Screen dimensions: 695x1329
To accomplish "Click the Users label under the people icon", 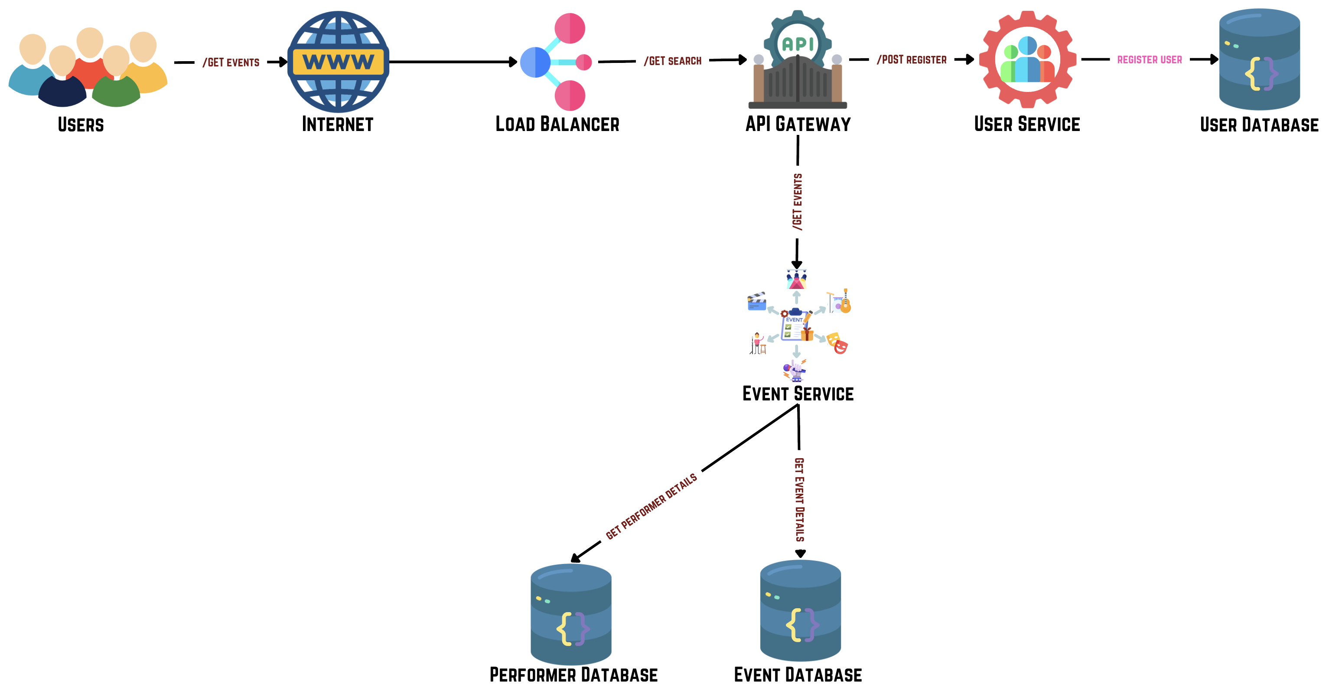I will (x=81, y=125).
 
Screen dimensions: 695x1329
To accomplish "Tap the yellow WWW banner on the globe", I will (x=338, y=62).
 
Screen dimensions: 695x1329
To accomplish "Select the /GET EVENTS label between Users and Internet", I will (x=231, y=62).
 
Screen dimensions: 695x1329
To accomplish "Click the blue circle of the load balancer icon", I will (x=535, y=62).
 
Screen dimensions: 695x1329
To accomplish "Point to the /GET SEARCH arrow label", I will (x=672, y=61).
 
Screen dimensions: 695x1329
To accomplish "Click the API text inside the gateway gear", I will (x=798, y=44).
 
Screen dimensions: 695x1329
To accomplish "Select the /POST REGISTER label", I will (x=912, y=60).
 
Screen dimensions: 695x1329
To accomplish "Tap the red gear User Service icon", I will (x=1027, y=59).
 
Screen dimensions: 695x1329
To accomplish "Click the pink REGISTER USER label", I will (x=1149, y=60).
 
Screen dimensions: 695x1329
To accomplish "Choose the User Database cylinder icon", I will (x=1259, y=59).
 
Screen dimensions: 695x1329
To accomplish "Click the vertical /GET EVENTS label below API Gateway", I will (x=797, y=202).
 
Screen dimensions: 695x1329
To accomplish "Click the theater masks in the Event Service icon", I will (x=837, y=343).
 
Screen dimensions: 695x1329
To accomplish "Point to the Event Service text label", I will (x=798, y=394).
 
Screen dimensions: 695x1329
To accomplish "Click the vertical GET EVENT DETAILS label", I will (x=799, y=499).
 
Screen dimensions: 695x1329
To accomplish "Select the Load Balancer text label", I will (x=557, y=125).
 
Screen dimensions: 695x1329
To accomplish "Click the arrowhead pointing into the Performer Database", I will (x=576, y=558).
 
